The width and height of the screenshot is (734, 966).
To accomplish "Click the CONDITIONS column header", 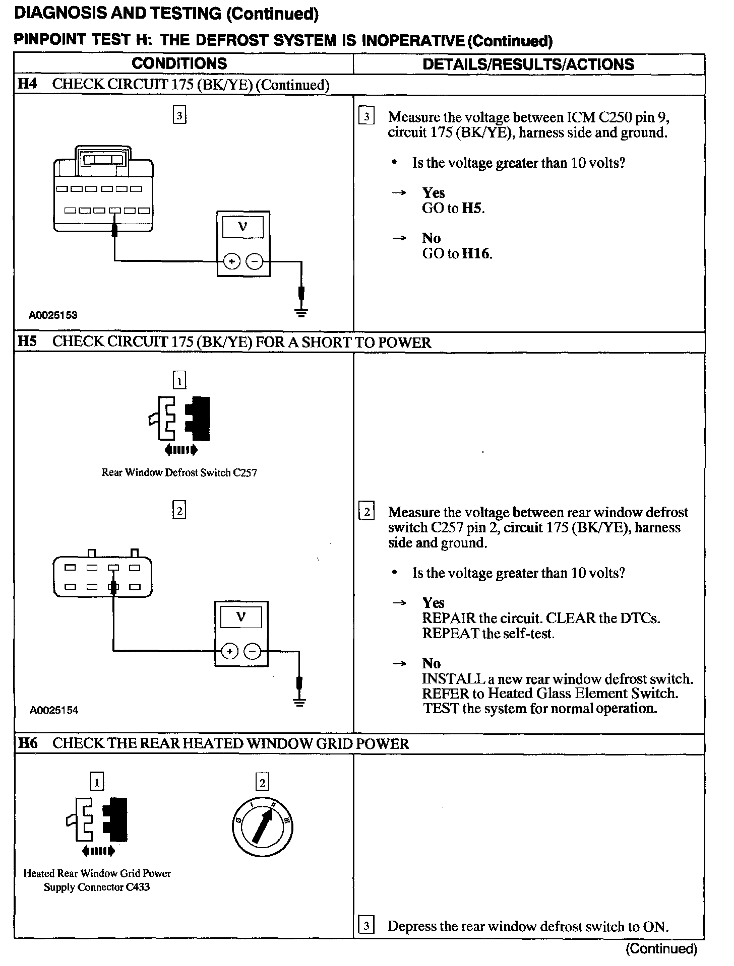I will [x=179, y=64].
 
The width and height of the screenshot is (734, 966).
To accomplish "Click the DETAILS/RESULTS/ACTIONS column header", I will [x=528, y=64].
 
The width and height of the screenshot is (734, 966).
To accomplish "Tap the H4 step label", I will [x=27, y=84].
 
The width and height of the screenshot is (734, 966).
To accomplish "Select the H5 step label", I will [x=27, y=342].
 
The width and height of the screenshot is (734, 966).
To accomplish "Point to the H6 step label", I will [x=27, y=744].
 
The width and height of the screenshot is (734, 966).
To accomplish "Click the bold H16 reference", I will [x=476, y=253].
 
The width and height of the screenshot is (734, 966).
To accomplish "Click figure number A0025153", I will [x=53, y=316].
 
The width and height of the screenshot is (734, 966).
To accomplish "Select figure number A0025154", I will [x=54, y=710].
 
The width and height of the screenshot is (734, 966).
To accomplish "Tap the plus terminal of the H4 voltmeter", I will [x=231, y=262].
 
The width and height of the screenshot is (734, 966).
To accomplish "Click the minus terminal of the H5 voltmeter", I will [x=253, y=652].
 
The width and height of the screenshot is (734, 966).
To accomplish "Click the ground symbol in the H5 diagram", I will [x=299, y=702].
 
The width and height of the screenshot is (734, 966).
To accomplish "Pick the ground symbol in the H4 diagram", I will [x=301, y=312].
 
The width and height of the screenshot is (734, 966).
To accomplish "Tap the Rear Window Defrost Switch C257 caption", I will [x=179, y=472].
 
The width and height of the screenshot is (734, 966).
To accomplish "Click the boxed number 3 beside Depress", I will [x=366, y=926].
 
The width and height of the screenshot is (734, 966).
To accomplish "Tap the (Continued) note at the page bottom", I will [x=661, y=949].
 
